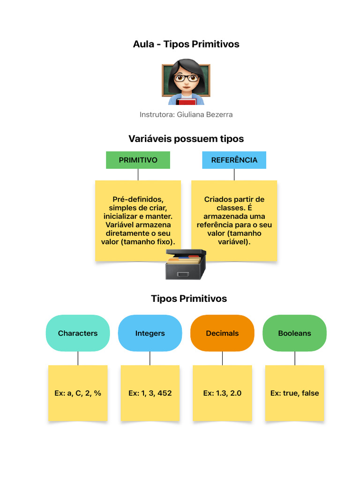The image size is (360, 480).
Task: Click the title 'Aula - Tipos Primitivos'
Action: [x=186, y=44]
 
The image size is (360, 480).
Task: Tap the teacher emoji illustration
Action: [x=186, y=82]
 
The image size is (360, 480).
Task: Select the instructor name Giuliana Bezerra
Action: [x=186, y=114]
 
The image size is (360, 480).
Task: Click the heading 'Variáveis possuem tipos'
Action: [x=186, y=139]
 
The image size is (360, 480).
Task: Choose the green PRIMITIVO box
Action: [x=138, y=160]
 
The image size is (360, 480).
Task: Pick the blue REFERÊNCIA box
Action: [x=234, y=160]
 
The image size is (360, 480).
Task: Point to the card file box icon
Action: [x=186, y=264]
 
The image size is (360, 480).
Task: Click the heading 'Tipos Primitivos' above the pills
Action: [x=189, y=299]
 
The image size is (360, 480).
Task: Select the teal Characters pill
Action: [x=78, y=333]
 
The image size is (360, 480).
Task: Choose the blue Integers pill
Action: [x=150, y=333]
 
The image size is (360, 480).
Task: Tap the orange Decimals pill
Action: [x=222, y=333]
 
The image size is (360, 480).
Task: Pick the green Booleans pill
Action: [x=294, y=333]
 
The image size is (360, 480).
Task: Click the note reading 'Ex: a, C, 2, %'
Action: [x=78, y=393]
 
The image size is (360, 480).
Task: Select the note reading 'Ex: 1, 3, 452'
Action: [x=150, y=393]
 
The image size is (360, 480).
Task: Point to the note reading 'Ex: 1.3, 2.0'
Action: [x=222, y=393]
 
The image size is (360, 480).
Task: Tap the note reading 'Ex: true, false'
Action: [x=294, y=393]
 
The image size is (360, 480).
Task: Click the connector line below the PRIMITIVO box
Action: [x=138, y=174]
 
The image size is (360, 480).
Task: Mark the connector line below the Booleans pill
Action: [x=295, y=358]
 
